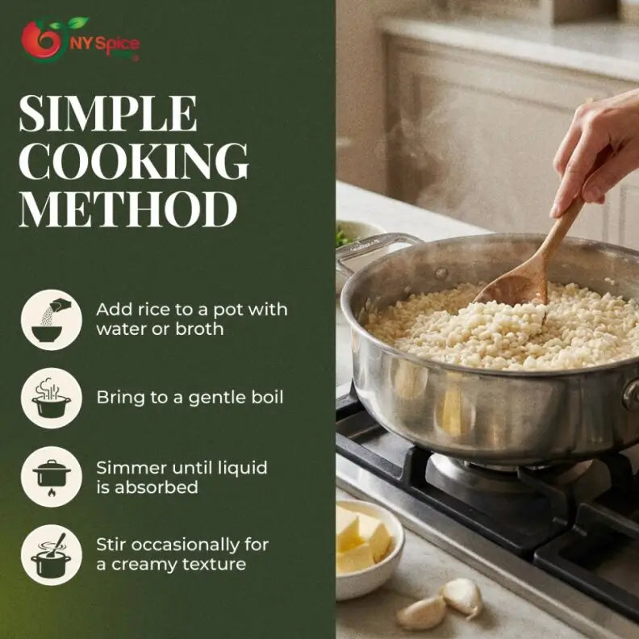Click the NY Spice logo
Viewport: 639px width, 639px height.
point(80,40)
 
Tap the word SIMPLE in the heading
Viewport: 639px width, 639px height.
point(107,114)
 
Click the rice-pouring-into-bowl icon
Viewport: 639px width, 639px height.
point(52,319)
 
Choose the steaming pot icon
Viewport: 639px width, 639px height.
point(52,398)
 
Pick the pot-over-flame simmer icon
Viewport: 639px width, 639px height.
point(52,477)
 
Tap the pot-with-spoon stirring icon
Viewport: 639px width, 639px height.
point(52,554)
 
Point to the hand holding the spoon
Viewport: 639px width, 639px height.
point(597,153)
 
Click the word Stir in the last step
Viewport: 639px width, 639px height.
point(111,545)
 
